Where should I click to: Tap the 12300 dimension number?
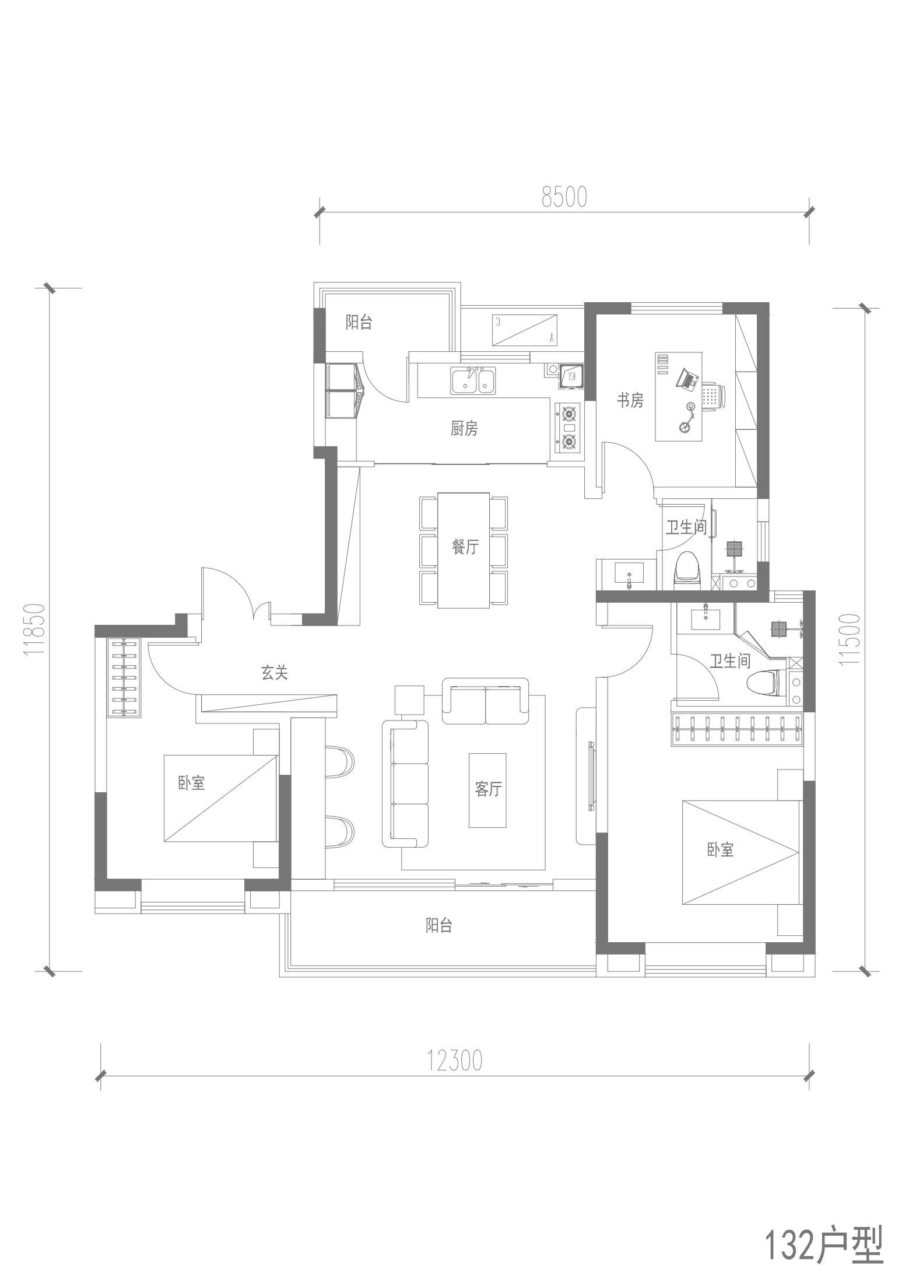455,1061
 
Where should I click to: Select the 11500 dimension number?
849,641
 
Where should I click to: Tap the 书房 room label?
630,400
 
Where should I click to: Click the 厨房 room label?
464,429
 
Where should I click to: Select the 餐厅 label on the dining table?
465,547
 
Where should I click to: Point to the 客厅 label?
488,789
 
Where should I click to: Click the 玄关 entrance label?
274,673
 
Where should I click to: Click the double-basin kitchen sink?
473,380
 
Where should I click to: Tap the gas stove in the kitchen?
568,428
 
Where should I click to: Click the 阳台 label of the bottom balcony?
438,925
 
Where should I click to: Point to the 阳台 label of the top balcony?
359,322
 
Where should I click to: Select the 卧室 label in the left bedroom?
192,782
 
